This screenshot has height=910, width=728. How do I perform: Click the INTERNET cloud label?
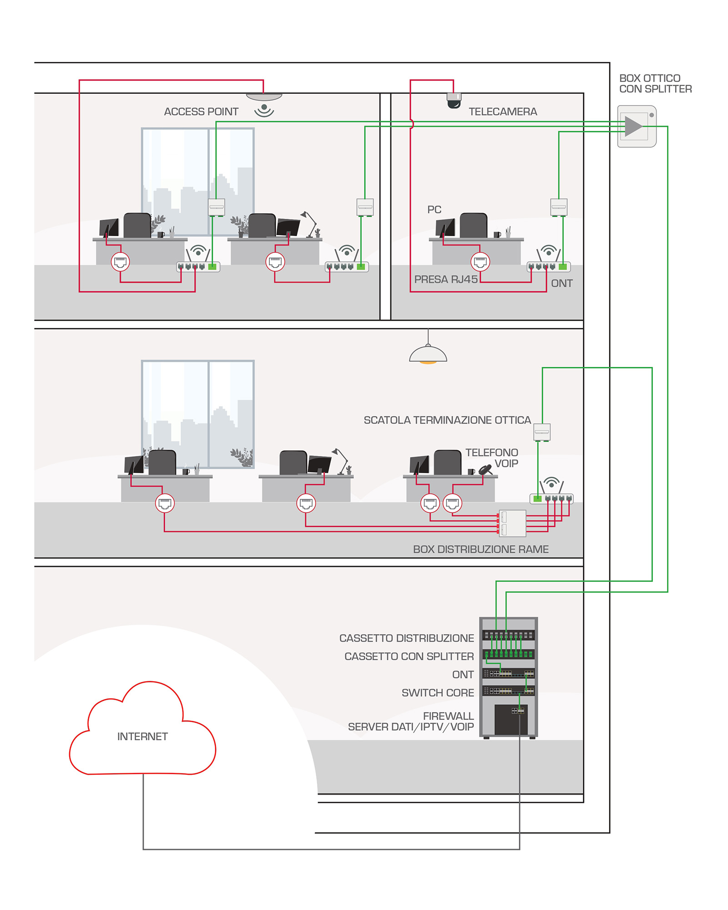click(142, 736)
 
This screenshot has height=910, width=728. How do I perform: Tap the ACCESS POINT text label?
click(201, 111)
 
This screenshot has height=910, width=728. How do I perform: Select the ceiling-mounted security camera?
click(454, 101)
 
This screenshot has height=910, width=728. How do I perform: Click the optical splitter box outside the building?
click(637, 126)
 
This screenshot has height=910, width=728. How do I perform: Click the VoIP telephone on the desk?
click(485, 469)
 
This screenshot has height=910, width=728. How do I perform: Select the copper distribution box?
click(513, 523)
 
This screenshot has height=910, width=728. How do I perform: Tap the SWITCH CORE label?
click(438, 693)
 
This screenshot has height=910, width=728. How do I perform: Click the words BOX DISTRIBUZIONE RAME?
click(480, 549)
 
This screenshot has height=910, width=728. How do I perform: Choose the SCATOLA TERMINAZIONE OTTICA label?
click(447, 420)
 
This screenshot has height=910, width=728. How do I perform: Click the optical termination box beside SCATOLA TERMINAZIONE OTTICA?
click(542, 432)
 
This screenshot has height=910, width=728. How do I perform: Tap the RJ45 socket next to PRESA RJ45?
click(480, 262)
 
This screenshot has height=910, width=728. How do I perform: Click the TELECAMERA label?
click(503, 111)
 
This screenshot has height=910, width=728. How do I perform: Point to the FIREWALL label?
click(448, 716)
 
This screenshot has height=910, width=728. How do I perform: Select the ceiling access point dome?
click(264, 97)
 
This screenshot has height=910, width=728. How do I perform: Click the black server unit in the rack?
click(511, 719)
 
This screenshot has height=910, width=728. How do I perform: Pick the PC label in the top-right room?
click(435, 209)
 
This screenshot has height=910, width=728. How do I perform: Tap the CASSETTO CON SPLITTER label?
click(409, 656)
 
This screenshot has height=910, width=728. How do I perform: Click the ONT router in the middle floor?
click(551, 499)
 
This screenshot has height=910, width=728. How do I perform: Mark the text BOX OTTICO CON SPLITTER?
click(655, 84)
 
